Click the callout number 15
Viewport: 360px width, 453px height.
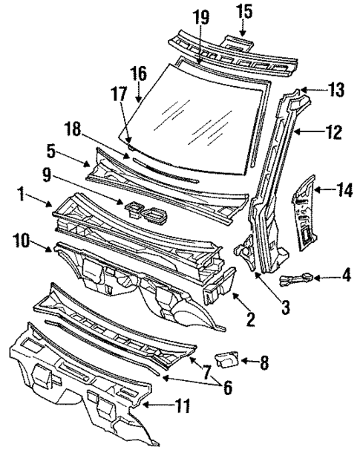click(244, 12)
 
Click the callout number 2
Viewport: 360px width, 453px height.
click(250, 321)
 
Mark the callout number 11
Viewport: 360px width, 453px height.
click(182, 405)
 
